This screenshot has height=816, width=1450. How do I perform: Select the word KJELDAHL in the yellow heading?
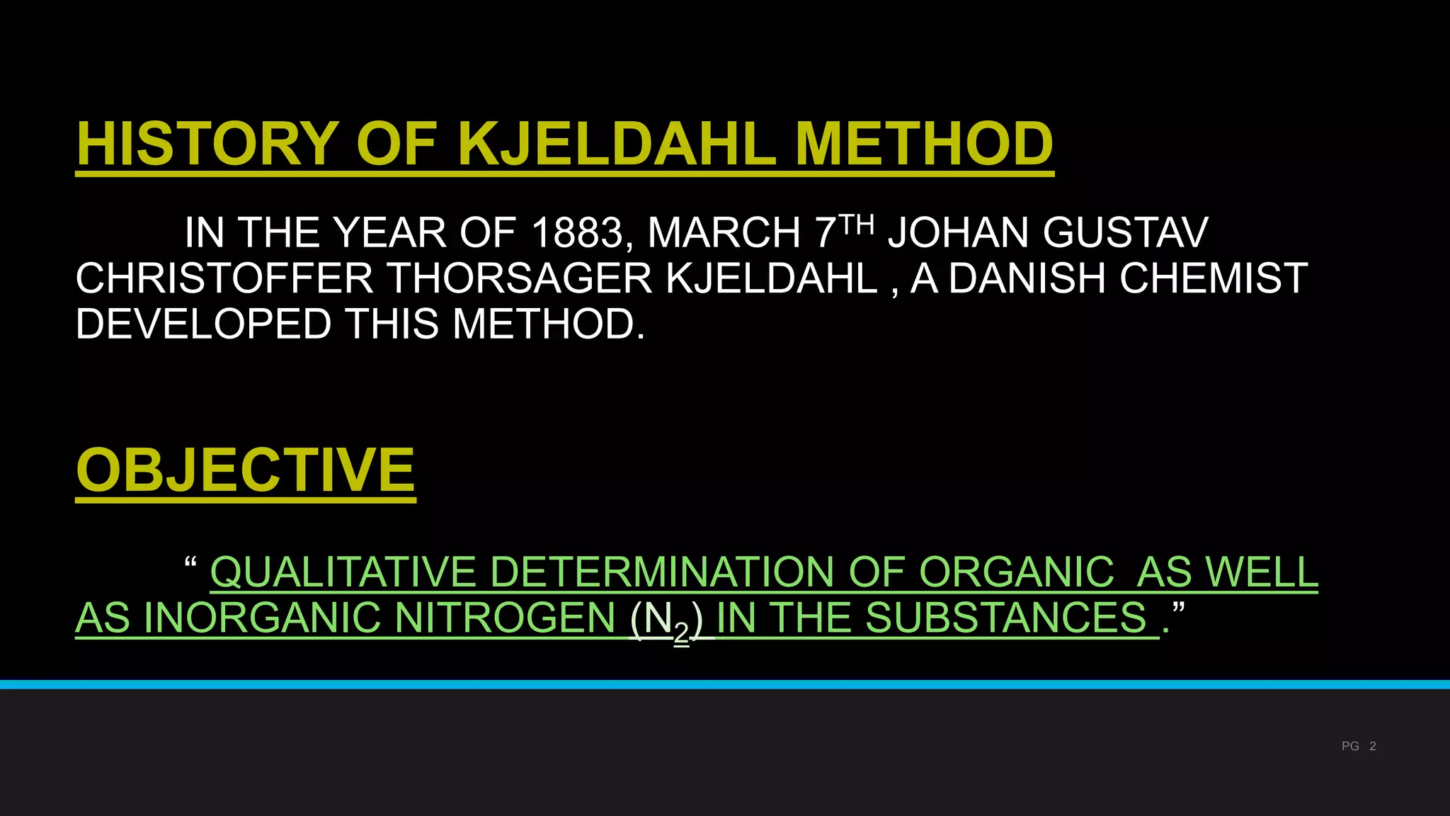(x=617, y=144)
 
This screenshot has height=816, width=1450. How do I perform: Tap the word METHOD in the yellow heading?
(x=924, y=144)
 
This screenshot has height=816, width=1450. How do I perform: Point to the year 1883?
(x=576, y=233)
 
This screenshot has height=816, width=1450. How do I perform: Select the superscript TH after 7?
(x=856, y=225)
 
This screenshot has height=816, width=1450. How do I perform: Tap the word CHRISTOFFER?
(x=224, y=278)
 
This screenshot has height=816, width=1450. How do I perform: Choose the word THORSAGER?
(x=520, y=278)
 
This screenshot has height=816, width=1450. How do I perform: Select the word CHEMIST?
(x=1214, y=278)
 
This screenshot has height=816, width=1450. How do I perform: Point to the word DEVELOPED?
(x=203, y=324)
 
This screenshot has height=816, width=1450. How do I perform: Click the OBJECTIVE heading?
(x=245, y=470)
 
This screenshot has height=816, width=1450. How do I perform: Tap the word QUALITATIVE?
(x=343, y=572)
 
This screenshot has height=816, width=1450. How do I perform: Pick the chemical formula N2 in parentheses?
(x=666, y=620)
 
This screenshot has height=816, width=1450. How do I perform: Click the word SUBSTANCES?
(x=1006, y=618)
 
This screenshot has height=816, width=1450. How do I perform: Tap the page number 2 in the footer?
(x=1373, y=746)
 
